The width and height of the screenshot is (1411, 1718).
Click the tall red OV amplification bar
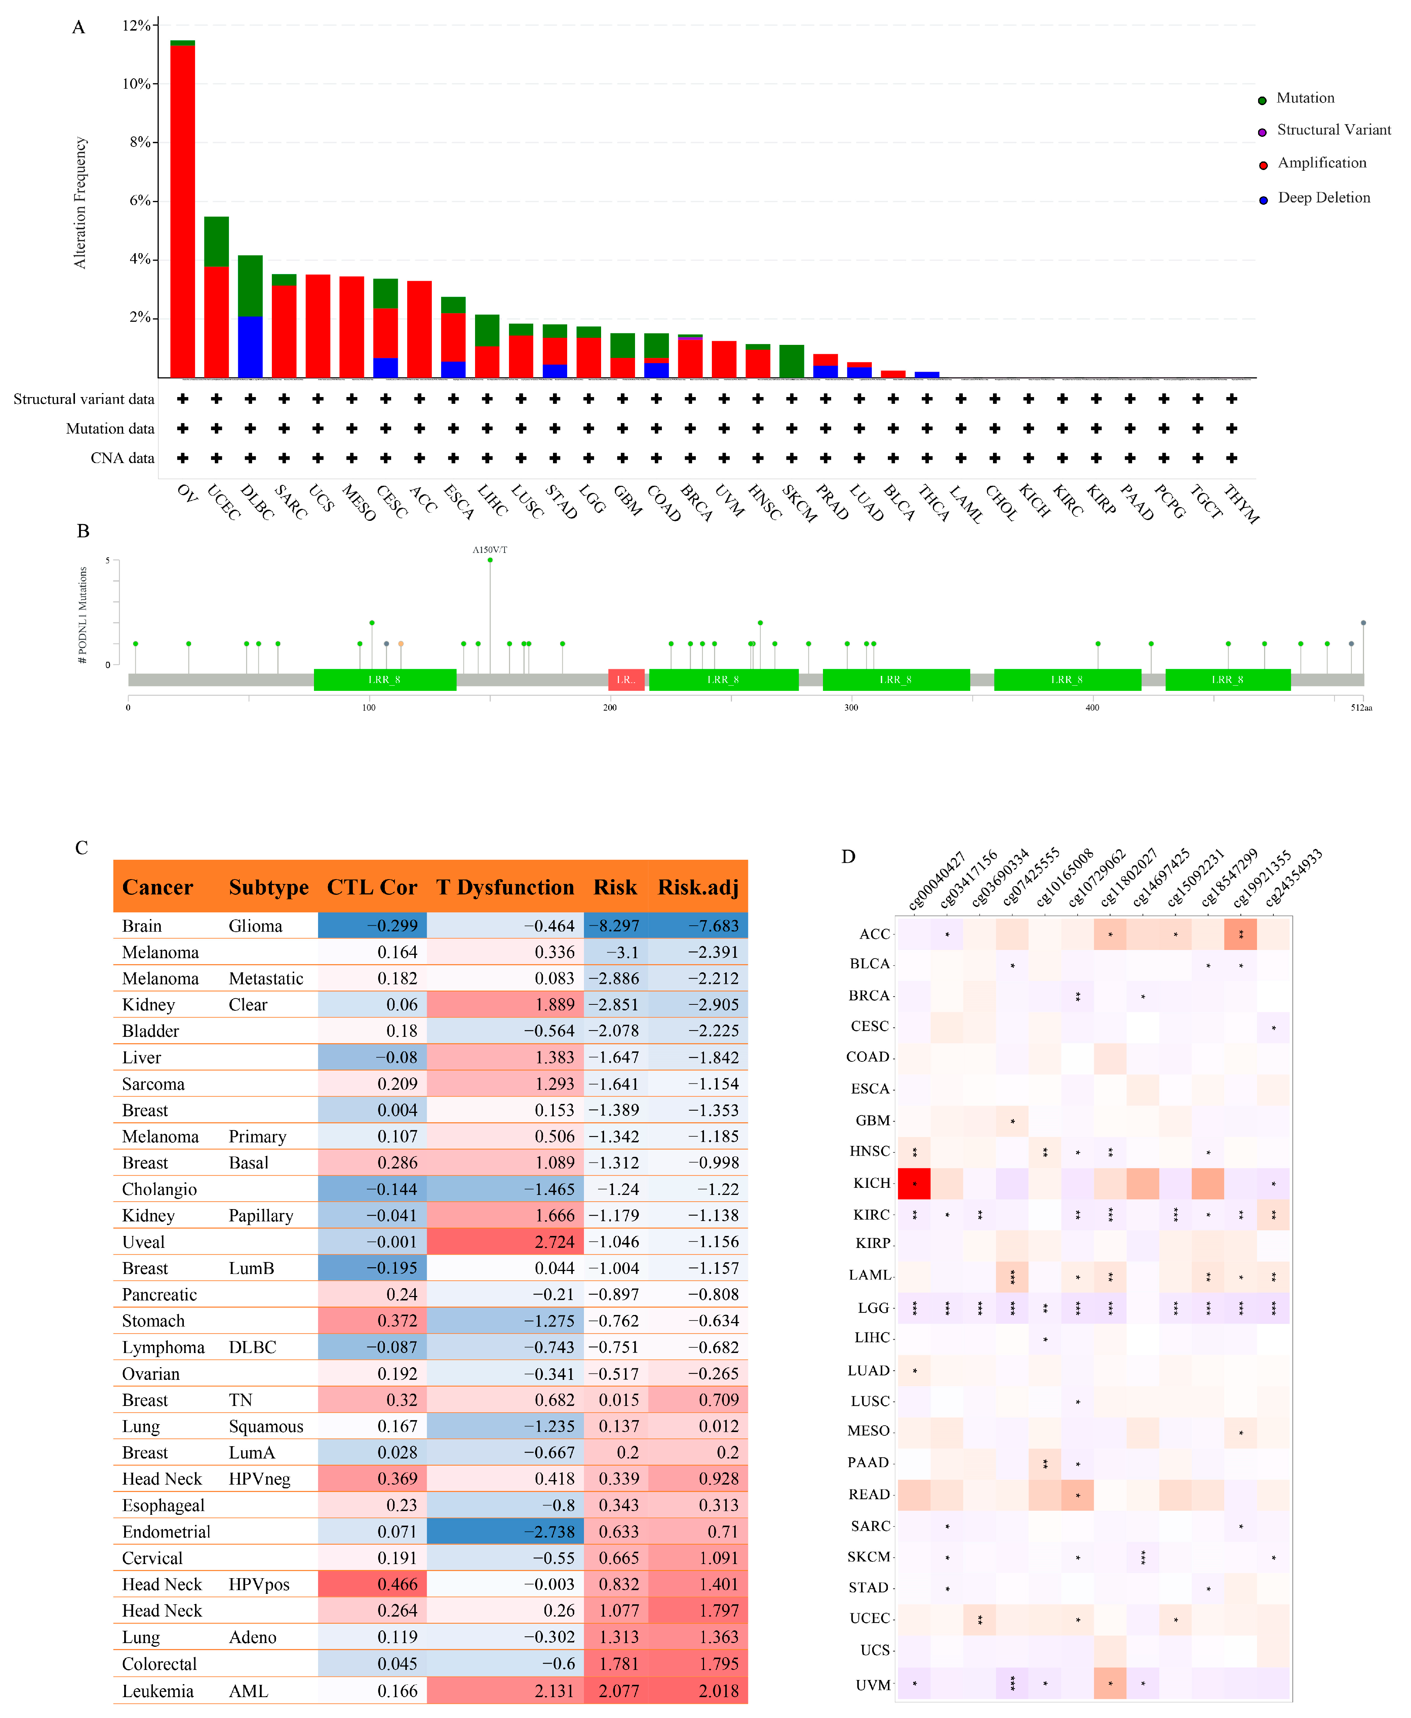(182, 211)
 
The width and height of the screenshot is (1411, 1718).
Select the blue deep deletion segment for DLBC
(250, 347)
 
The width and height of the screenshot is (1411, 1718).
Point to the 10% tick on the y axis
(136, 84)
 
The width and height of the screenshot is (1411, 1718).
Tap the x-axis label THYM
(1241, 504)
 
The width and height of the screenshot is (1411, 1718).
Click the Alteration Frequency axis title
(80, 202)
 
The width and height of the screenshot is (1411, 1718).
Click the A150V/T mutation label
(490, 550)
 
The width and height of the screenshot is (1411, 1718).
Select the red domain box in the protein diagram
(626, 679)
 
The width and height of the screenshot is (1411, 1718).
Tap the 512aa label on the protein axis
(1361, 708)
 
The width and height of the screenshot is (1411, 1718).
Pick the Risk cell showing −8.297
(615, 926)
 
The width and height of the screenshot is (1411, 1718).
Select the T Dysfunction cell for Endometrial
(505, 1531)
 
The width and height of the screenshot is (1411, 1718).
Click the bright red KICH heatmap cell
(914, 1183)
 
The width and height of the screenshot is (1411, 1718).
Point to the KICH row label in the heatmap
(871, 1183)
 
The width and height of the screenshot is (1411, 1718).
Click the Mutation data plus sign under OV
(183, 428)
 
